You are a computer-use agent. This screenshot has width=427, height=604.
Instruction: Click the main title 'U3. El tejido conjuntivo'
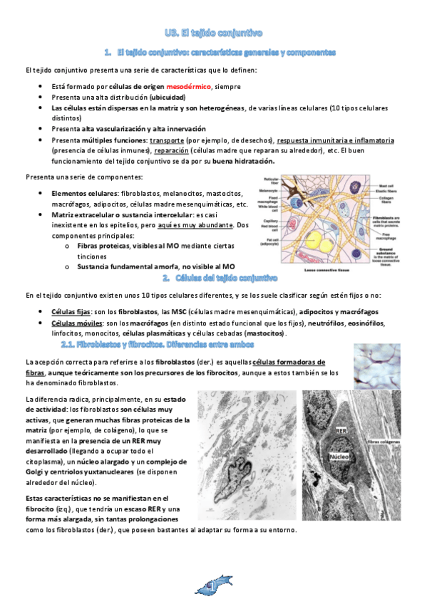(213, 33)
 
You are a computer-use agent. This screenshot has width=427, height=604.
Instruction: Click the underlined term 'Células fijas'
(71, 312)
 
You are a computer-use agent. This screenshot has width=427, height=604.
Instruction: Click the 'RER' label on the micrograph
(341, 430)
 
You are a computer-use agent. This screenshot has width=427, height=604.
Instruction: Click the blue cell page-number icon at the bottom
(213, 586)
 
